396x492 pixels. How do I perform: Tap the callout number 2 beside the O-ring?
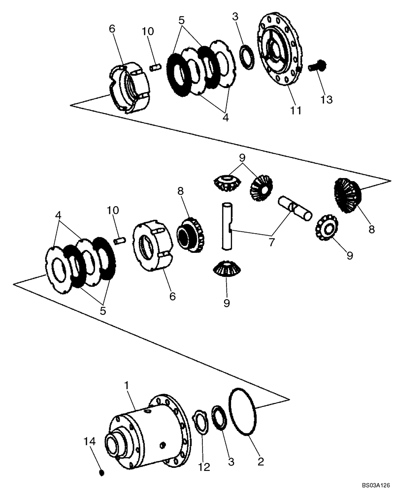pyautogui.click(x=261, y=461)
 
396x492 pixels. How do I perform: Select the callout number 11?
pyautogui.click(x=295, y=110)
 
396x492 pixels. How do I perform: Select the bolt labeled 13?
pyautogui.click(x=315, y=66)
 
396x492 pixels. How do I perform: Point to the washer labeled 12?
pyautogui.click(x=201, y=423)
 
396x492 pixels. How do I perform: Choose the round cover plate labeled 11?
pyautogui.click(x=279, y=55)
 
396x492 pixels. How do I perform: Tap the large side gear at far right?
pyautogui.click(x=348, y=196)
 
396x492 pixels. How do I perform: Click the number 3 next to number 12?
pyautogui.click(x=231, y=463)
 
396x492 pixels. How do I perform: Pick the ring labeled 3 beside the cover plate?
pyautogui.click(x=247, y=58)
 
